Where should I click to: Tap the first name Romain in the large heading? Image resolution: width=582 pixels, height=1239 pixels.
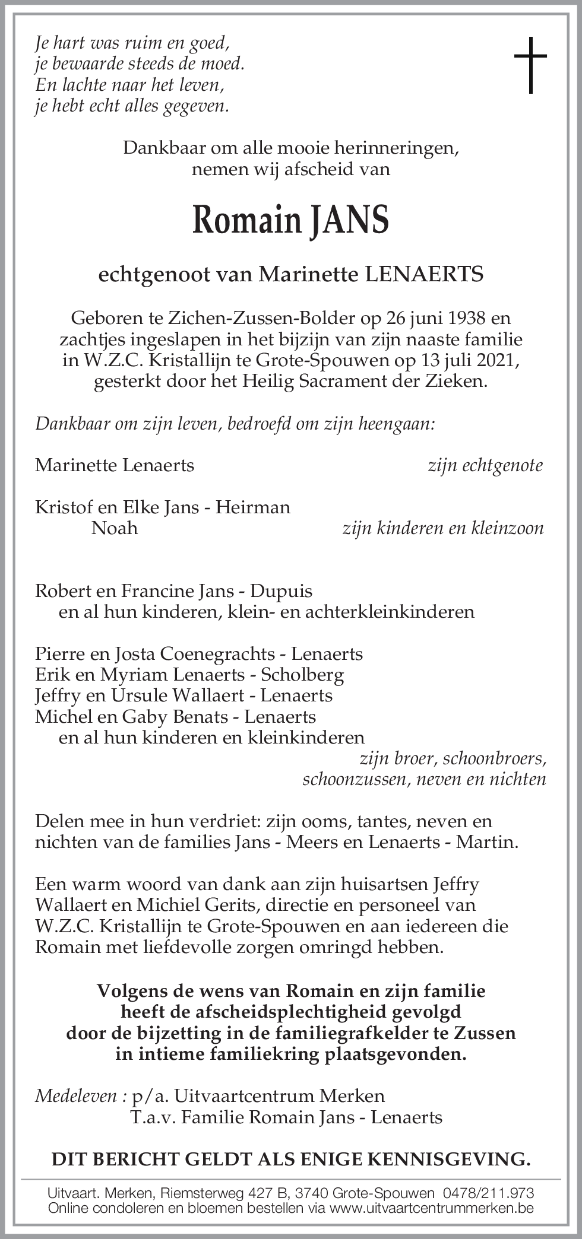tap(246, 220)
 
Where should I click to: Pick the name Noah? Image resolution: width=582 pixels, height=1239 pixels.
tap(114, 528)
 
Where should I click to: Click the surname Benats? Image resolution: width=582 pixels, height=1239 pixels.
tap(201, 717)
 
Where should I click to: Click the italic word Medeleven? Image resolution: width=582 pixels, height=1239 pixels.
tap(76, 1095)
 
